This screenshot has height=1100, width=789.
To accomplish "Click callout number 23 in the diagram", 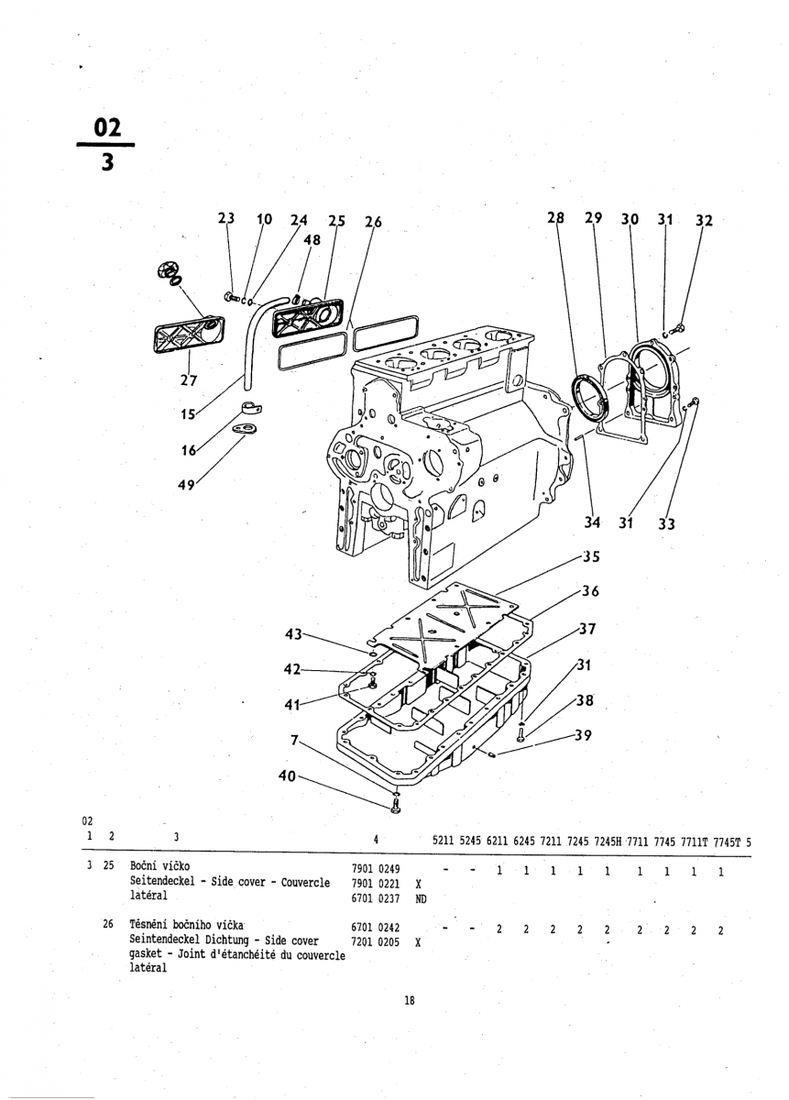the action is (226, 217).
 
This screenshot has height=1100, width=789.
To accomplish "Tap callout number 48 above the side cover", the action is (312, 239).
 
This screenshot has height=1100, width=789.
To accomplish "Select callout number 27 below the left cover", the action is (189, 380).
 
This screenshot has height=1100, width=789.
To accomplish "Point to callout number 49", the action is (186, 485).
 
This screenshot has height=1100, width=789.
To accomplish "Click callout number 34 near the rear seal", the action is (593, 522).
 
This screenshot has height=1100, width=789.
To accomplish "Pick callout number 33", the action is (667, 524).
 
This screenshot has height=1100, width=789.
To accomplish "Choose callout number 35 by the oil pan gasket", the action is (591, 557).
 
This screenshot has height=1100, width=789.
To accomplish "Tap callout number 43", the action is (293, 634).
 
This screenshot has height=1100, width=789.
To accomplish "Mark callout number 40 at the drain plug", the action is (287, 775).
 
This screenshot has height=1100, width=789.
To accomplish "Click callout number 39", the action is (584, 735).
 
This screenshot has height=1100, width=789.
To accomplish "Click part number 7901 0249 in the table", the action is (376, 870).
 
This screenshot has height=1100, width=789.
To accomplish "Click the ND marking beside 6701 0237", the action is (421, 898).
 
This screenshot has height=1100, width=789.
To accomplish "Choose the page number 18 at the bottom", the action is (409, 1000).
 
